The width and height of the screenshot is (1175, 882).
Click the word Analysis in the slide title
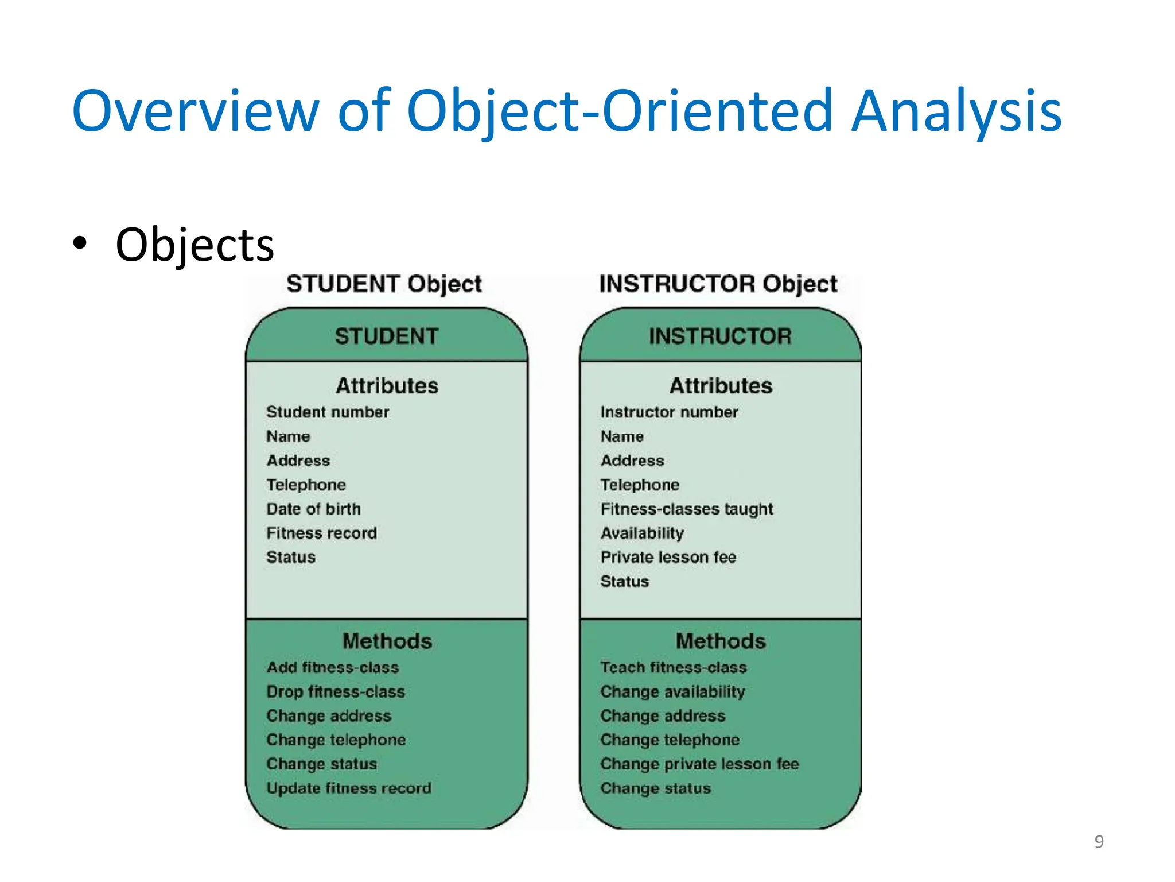tap(956, 111)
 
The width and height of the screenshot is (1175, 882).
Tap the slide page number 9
tap(1099, 841)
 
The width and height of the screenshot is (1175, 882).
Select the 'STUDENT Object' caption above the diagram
tap(384, 284)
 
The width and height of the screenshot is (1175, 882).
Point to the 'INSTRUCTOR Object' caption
tap(718, 284)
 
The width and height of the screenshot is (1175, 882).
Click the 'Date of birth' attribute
tap(313, 509)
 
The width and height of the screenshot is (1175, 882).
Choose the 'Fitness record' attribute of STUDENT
tap(321, 533)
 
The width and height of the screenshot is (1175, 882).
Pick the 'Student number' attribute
tap(328, 412)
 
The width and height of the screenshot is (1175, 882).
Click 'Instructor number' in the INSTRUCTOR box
tap(669, 412)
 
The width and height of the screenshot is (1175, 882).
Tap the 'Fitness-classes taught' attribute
tap(687, 509)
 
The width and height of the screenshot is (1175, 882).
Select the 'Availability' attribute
tap(642, 533)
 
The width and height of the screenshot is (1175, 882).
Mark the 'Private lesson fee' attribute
tap(668, 558)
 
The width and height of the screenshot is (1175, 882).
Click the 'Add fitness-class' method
tap(333, 667)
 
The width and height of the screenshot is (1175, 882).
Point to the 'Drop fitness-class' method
tap(336, 692)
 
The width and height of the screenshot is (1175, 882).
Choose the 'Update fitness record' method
tap(349, 788)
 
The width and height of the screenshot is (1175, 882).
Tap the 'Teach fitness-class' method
tap(674, 667)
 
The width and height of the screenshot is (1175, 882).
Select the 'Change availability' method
tap(672, 692)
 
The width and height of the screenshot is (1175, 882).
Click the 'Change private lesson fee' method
tap(699, 764)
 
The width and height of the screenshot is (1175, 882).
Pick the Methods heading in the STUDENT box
tap(387, 641)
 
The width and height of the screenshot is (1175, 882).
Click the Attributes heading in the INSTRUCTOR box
tap(721, 386)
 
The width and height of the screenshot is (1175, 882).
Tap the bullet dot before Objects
tap(80, 243)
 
